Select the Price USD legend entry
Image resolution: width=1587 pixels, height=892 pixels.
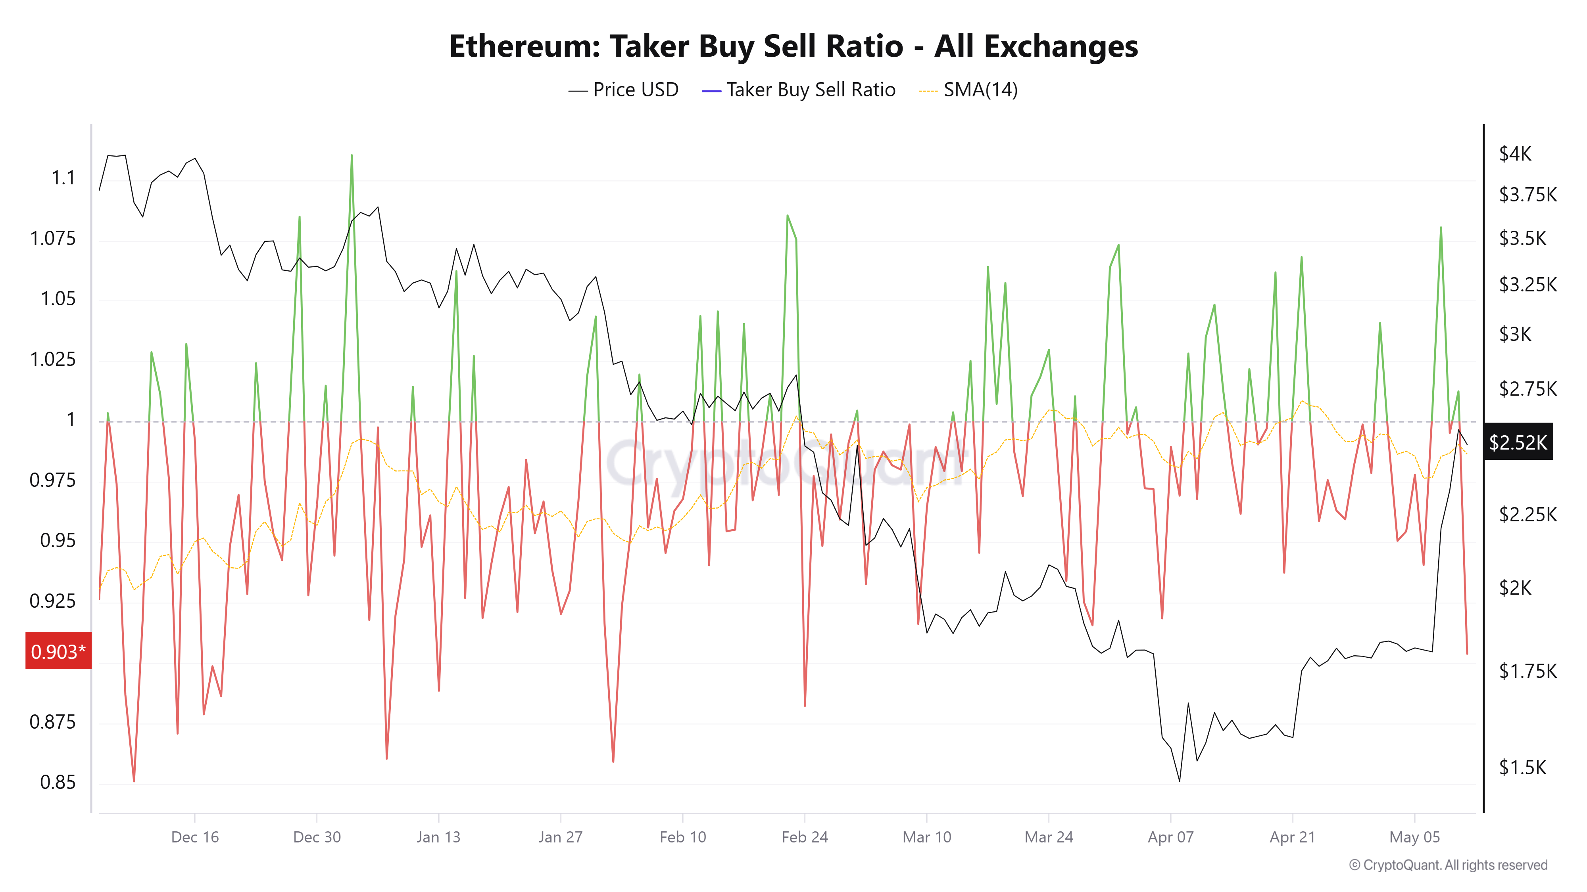coord(623,90)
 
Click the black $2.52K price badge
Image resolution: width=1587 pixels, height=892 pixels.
coord(1518,442)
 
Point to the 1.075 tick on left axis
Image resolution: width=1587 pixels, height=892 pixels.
coord(53,238)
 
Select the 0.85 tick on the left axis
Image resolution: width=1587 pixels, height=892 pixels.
coord(58,783)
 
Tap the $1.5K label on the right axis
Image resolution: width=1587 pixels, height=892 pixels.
coord(1522,767)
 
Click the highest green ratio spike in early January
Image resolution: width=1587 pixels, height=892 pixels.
coord(352,156)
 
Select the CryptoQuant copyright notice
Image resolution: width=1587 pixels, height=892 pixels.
coord(1448,865)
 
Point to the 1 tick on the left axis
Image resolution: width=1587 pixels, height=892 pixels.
coord(71,420)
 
